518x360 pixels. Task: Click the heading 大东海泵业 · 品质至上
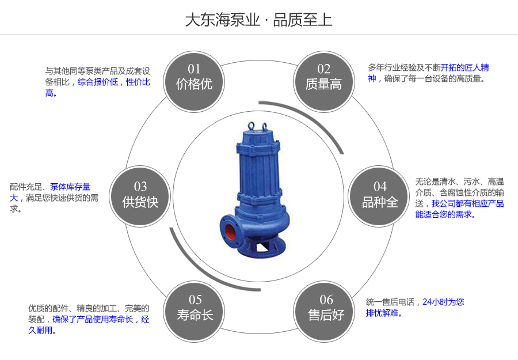point(258,20)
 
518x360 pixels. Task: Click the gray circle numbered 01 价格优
point(194,77)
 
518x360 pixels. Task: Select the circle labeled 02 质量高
point(323,77)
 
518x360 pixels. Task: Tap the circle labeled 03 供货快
point(140,195)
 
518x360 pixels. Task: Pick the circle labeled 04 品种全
point(380,195)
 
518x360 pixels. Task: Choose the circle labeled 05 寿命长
point(195,308)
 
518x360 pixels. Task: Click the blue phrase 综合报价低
point(98,82)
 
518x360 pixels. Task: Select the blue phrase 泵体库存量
point(70,187)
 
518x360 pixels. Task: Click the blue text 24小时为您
point(443,302)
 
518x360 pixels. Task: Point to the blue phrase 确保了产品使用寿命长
point(93,319)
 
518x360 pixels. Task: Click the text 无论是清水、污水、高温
point(459,181)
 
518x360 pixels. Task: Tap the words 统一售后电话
point(390,302)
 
